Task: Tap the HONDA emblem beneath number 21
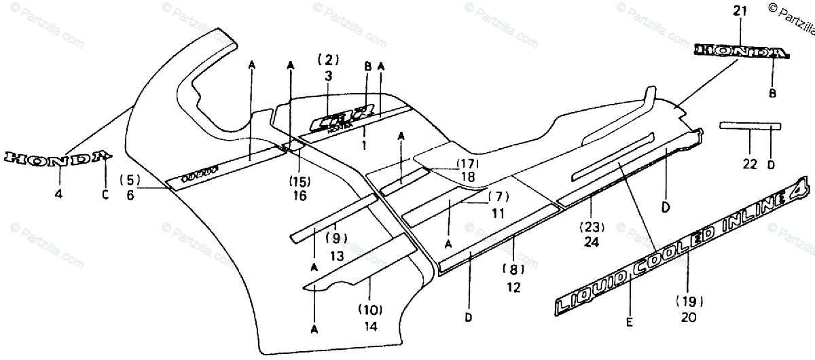(x=741, y=52)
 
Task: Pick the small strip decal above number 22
(x=750, y=126)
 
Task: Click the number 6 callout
(x=130, y=195)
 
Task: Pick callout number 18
(x=467, y=177)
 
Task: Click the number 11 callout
(x=498, y=213)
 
